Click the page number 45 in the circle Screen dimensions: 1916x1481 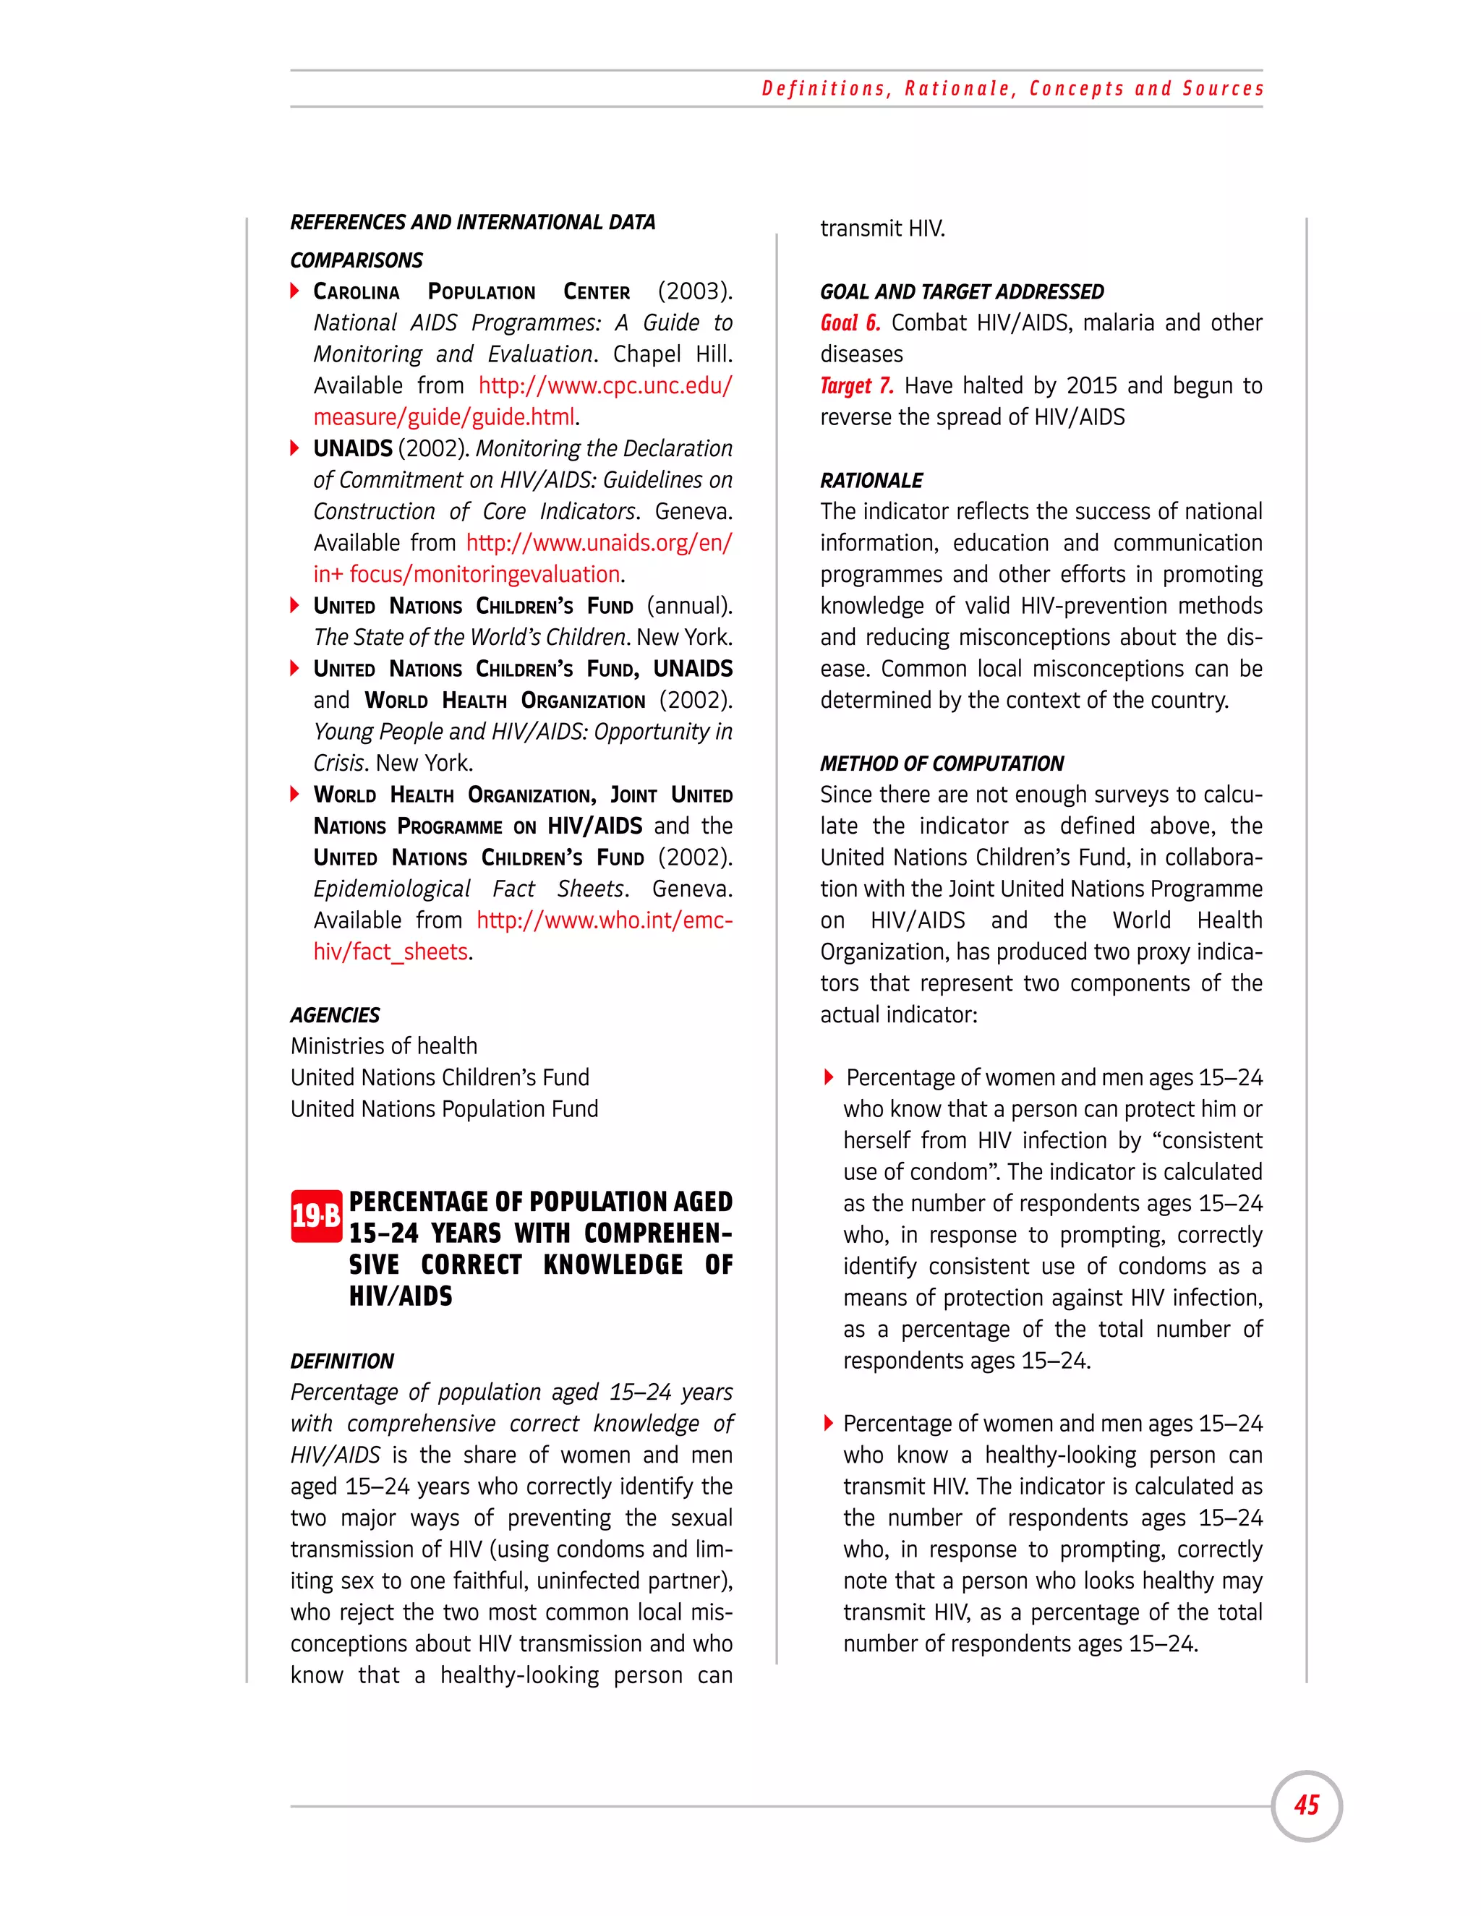click(1307, 1805)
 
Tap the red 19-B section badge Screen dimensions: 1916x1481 click(316, 1216)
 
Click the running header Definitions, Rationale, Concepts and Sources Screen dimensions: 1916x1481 click(1012, 89)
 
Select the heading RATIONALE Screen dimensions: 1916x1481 click(871, 481)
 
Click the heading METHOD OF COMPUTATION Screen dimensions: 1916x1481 click(942, 764)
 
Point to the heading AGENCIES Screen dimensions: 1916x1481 click(335, 1015)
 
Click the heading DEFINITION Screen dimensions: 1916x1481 click(342, 1361)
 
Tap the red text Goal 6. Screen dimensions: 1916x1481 click(849, 323)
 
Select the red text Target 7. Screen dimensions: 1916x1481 click(856, 386)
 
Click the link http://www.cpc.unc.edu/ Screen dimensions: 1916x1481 click(605, 386)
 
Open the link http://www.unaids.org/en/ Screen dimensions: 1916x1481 click(598, 543)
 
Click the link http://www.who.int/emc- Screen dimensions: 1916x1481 click(604, 920)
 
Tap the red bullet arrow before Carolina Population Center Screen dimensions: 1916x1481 click(296, 291)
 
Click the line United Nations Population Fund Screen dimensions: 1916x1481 click(444, 1109)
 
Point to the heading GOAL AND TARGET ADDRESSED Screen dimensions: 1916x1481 click(962, 291)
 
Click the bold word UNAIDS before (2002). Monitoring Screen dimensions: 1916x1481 click(353, 448)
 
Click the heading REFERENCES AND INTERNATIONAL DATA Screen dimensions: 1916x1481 click(472, 222)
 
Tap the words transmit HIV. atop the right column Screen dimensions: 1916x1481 click(882, 229)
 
